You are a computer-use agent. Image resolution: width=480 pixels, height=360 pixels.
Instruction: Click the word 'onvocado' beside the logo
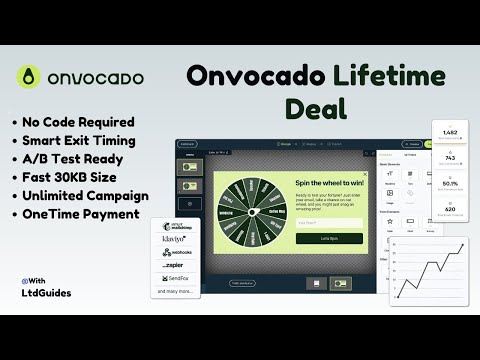98,78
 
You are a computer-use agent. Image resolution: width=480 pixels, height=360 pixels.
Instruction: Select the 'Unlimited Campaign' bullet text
85,195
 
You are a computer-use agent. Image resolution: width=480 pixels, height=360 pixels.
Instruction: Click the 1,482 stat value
449,131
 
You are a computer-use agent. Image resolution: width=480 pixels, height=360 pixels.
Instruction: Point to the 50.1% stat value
449,183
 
